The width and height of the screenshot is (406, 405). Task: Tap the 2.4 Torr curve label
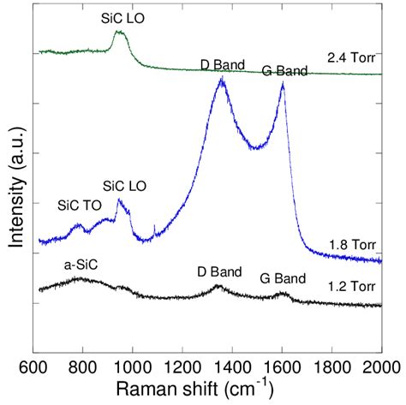click(x=351, y=58)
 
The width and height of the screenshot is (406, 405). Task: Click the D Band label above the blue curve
click(x=223, y=64)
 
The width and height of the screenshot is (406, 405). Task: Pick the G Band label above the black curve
click(x=284, y=277)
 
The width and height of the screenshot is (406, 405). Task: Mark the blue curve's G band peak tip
click(x=283, y=83)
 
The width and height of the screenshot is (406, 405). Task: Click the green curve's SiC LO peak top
click(x=120, y=33)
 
